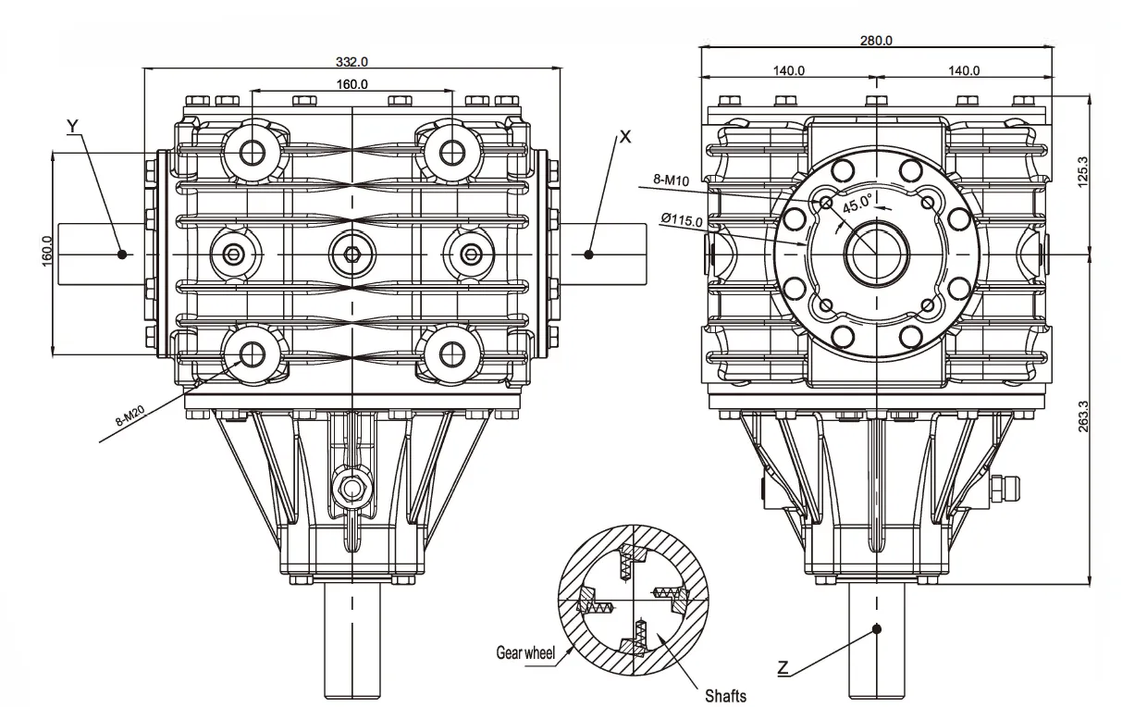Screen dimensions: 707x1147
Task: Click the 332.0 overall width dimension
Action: tap(351, 62)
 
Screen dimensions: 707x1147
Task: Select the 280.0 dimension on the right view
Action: tap(876, 40)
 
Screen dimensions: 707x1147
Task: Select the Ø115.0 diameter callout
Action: tap(682, 219)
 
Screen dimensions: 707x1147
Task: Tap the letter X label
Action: tap(625, 136)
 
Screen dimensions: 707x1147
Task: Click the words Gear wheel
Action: tap(525, 653)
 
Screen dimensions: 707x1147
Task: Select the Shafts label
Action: tap(725, 695)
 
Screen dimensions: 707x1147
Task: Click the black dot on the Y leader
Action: tap(121, 254)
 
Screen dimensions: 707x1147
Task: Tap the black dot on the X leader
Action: tap(588, 254)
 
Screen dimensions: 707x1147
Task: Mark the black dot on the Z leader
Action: tap(877, 629)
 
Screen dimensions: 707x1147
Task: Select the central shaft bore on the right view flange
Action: tap(876, 254)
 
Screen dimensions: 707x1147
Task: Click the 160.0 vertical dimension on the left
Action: tap(47, 252)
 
